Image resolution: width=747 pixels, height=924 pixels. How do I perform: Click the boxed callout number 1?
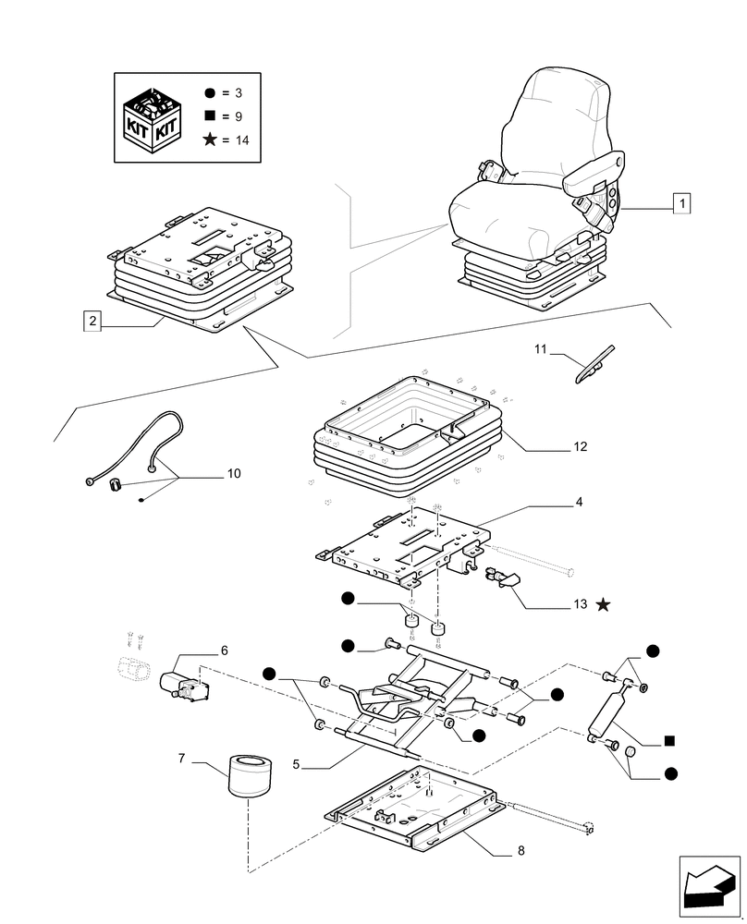coord(682,204)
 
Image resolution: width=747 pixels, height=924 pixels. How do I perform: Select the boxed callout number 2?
coord(92,322)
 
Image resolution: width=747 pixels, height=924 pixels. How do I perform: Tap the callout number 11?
coord(541,349)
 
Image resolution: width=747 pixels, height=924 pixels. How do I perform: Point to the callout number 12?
coord(581,446)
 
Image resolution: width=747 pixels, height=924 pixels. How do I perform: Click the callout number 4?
coord(579,502)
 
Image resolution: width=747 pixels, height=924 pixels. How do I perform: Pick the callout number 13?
coord(581,604)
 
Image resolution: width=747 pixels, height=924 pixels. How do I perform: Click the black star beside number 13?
coord(603,604)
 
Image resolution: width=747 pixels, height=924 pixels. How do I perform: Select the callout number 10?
coord(234,474)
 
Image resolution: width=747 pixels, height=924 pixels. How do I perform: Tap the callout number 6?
coord(224,650)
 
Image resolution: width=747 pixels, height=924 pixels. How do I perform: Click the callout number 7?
coord(181,759)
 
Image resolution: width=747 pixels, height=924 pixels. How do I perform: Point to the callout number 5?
coord(296,764)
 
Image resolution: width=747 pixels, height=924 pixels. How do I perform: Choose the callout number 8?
coord(520,850)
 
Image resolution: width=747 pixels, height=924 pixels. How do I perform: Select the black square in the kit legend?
coord(209,116)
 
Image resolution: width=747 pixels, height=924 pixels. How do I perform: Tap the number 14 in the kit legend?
coord(242,140)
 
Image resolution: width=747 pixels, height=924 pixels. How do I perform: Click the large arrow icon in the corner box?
coord(709,886)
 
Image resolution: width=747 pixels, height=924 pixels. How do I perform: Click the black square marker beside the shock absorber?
coord(669,741)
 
